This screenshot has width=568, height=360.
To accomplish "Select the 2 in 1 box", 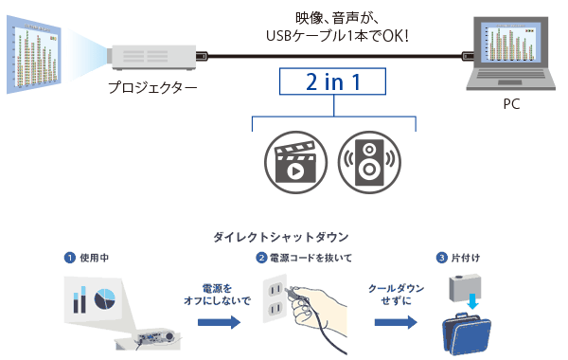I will pos(333,82).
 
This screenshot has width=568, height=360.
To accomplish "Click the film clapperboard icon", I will pos(290,158).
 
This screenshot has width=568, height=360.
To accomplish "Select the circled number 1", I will pos(70,258).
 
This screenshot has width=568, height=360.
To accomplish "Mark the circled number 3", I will pos(441,258).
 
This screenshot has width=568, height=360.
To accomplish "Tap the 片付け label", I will pos(470,258).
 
